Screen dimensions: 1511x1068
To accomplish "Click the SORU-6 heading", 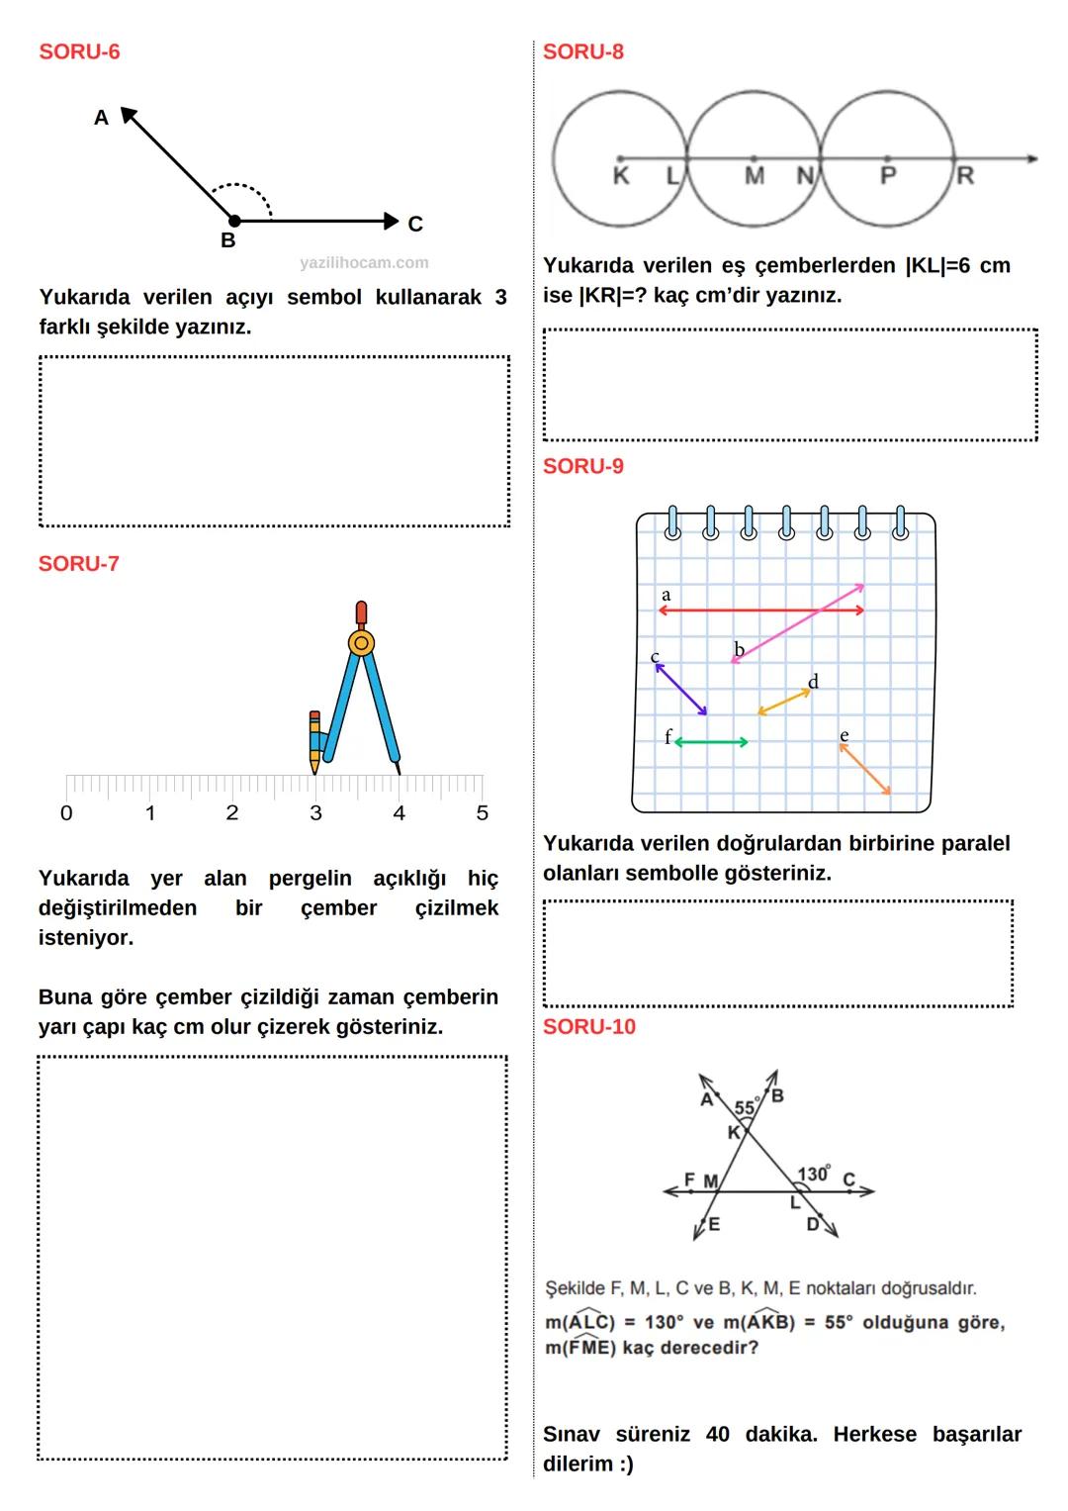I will [79, 51].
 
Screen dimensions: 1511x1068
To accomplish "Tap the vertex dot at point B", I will [234, 221].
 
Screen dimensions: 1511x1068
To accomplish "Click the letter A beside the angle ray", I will [101, 118].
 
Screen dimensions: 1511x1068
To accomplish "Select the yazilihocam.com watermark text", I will [364, 262].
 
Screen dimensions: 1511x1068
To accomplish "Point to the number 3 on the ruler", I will [315, 813].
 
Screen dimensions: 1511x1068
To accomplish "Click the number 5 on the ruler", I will [483, 813].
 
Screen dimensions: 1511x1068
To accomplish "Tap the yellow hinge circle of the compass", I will [361, 643].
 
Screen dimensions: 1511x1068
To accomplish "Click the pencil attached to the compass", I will [314, 740].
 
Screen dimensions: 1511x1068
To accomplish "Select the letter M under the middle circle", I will [755, 177].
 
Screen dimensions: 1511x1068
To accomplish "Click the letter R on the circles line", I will [965, 176].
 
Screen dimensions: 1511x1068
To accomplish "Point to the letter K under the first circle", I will [621, 177].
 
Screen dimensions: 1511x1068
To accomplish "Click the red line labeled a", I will [761, 611].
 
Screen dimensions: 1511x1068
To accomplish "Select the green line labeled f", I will [711, 741].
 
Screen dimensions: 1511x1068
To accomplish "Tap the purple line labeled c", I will [681, 689].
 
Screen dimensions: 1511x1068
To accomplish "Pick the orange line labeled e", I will [865, 769].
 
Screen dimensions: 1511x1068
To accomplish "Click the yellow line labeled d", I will [784, 702].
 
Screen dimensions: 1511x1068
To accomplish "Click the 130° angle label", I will [814, 1174].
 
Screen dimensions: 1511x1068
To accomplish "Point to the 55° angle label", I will [747, 1107].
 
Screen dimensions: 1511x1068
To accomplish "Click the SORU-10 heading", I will [589, 1027].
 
